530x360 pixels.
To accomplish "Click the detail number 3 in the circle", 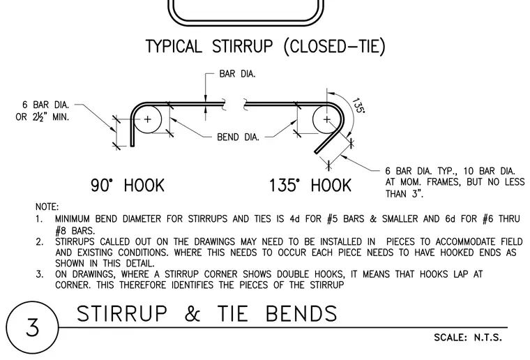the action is tap(33, 327).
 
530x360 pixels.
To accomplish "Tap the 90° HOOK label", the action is tap(128, 186).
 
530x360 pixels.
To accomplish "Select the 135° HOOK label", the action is tap(310, 186).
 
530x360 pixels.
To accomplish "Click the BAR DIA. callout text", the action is tap(237, 74).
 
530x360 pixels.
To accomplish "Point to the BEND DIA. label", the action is tap(238, 137).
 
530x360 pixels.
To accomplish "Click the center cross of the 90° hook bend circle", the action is tap(148, 119).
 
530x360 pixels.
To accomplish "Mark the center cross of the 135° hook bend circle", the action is tap(326, 119).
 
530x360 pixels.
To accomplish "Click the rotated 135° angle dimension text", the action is tap(358, 105).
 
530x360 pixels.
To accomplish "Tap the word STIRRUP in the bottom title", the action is tap(122, 313).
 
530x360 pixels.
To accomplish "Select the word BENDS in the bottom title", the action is tap(301, 313).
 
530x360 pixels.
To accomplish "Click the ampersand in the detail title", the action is tap(192, 313).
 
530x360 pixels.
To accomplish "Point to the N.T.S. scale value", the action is tap(487, 338).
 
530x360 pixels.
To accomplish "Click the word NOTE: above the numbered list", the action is tap(47, 207).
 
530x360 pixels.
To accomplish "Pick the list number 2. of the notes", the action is tap(40, 242).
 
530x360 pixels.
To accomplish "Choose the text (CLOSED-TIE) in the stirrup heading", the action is tap(334, 46).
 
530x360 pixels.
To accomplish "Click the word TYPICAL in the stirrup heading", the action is tap(174, 46).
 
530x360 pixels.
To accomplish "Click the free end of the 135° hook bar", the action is tap(317, 152).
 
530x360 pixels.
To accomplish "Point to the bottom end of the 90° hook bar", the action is tap(132, 146).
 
